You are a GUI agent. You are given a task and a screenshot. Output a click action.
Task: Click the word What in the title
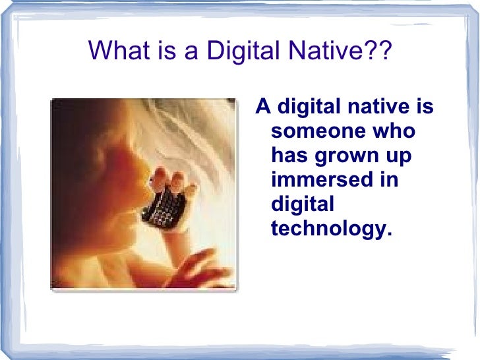pyautogui.click(x=113, y=51)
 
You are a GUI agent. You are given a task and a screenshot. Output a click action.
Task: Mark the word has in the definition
pyautogui.click(x=287, y=155)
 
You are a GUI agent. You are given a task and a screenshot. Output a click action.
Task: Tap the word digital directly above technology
pyautogui.click(x=303, y=204)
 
